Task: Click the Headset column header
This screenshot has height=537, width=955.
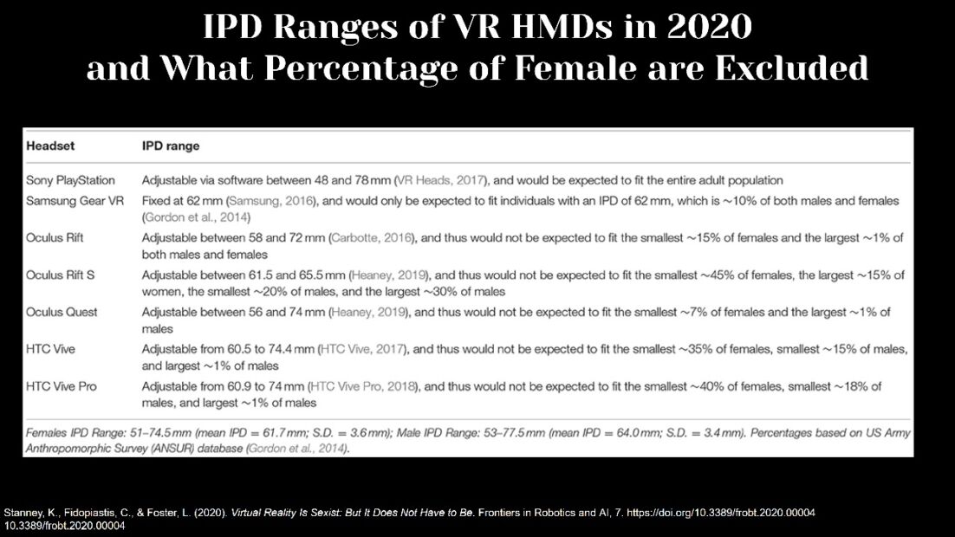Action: (50, 146)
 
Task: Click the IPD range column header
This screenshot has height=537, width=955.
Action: (171, 146)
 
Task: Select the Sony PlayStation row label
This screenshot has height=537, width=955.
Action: (70, 180)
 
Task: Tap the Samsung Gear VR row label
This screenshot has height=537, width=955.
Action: (75, 201)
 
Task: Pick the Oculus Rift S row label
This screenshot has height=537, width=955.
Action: (61, 275)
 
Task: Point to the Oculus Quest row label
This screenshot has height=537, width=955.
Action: (62, 313)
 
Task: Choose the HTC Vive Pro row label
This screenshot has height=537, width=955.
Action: (61, 386)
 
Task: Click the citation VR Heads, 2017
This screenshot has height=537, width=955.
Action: (441, 180)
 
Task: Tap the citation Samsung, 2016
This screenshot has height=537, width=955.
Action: (271, 201)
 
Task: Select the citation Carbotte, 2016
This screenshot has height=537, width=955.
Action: (372, 238)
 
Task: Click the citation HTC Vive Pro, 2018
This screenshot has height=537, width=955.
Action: (364, 386)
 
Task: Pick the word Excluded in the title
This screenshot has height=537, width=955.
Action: (791, 68)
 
